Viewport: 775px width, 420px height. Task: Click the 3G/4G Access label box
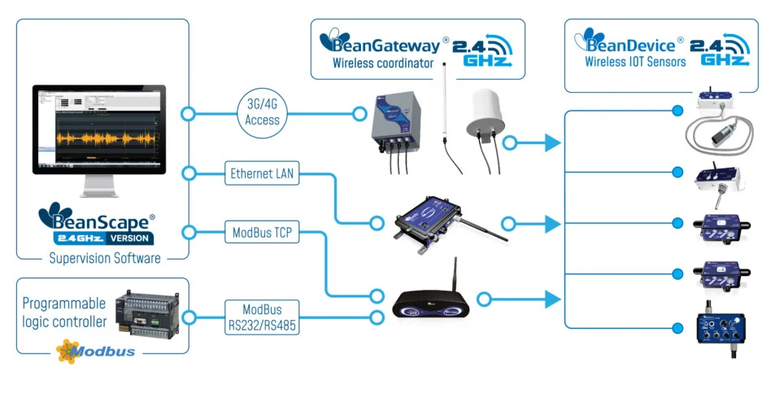[x=262, y=113]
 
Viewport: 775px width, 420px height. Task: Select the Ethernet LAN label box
[x=263, y=173]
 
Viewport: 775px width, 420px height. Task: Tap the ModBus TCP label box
[x=263, y=234]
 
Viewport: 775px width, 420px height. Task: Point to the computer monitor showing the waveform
[x=98, y=130]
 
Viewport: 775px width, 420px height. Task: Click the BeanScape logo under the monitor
[x=97, y=225]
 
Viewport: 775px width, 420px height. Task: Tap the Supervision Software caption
[x=104, y=258]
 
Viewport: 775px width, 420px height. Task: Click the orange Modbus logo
[x=96, y=351]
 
